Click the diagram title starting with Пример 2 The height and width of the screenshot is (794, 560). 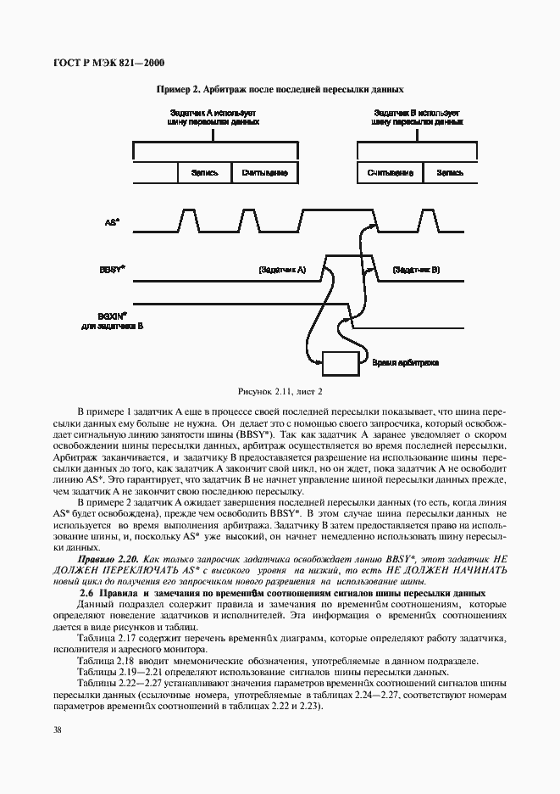280,88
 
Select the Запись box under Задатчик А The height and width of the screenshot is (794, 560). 204,172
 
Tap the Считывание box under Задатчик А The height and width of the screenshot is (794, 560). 264,172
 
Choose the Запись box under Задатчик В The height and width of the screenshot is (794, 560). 449,172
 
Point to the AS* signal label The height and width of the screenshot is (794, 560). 111,222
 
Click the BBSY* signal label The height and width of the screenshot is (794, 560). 112,270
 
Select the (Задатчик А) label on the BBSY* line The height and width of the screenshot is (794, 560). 281,270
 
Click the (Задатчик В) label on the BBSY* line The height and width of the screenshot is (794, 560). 416,270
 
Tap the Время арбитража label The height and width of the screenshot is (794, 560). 405,362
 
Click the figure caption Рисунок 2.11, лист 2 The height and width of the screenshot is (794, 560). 280,391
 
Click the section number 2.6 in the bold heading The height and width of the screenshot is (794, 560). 85,592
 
